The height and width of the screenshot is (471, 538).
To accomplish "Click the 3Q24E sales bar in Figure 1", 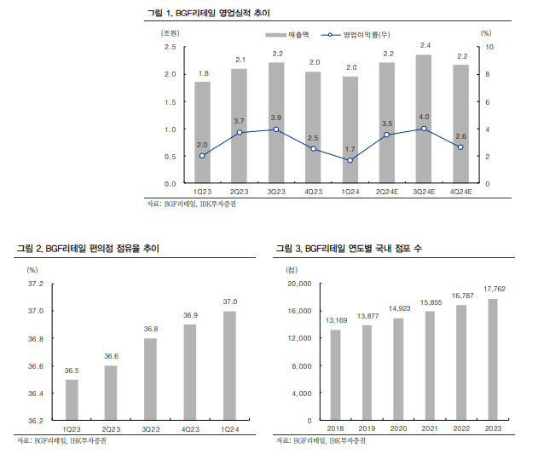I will coord(424,119).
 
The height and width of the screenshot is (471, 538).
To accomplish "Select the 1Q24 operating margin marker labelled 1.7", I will coord(350,160).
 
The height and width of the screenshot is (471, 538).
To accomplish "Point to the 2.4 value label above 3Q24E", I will coord(424,45).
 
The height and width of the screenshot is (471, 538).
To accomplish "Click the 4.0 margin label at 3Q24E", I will coord(424,116).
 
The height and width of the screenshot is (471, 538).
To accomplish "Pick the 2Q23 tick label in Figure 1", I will coord(240,192).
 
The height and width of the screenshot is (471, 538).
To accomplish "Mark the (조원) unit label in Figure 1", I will coord(171,32).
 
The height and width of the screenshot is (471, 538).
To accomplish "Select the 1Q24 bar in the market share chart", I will coord(229,366).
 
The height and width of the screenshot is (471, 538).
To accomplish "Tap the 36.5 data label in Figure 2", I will coord(72,370).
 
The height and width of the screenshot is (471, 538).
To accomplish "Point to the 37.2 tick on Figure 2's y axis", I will coord(35,284).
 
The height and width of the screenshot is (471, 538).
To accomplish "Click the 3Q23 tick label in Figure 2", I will coord(150,429).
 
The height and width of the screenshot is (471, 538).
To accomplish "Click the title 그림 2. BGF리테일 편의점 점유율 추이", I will coord(88,248).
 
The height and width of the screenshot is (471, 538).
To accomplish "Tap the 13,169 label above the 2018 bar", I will coord(335,320).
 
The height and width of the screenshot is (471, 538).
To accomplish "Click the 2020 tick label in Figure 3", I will coord(398,429).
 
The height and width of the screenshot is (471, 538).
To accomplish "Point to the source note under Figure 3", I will coord(322,441).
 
